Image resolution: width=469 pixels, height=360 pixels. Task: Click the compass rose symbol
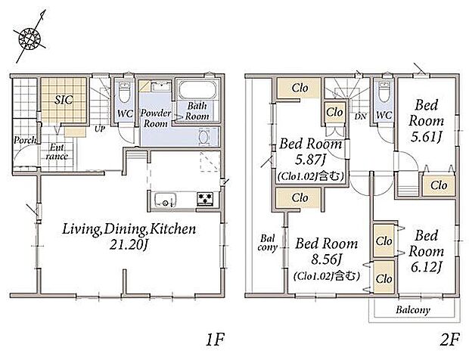[x=30, y=38]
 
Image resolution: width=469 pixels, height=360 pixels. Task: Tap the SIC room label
[x=64, y=100]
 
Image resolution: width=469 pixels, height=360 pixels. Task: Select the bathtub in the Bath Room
[x=197, y=89]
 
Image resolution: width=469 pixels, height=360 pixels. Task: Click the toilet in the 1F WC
[x=124, y=92]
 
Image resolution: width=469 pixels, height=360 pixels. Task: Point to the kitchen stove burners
[x=205, y=199]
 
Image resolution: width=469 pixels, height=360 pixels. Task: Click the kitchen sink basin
[x=166, y=200]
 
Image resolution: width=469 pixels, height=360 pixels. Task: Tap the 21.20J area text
[x=129, y=246]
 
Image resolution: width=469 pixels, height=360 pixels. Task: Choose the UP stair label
[x=100, y=129]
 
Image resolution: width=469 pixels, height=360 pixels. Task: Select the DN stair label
[x=360, y=116]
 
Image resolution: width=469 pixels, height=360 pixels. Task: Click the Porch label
[x=25, y=140]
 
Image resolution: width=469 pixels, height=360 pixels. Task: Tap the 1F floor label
[x=215, y=340]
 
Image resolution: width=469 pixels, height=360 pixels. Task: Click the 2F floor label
[x=449, y=340]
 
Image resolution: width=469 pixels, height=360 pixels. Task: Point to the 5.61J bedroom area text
[x=426, y=137]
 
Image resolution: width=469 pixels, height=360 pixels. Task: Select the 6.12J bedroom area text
[x=426, y=267]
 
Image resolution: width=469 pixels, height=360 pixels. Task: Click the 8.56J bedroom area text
[x=326, y=259]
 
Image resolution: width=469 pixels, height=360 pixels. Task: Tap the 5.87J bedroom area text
[x=310, y=160]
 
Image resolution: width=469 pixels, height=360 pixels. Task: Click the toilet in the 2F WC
[x=384, y=91]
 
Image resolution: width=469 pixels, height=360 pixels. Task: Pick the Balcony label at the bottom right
[x=413, y=310]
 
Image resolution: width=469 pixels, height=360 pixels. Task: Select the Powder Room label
[x=156, y=118]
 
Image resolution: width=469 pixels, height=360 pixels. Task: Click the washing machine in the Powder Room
[x=205, y=137]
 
